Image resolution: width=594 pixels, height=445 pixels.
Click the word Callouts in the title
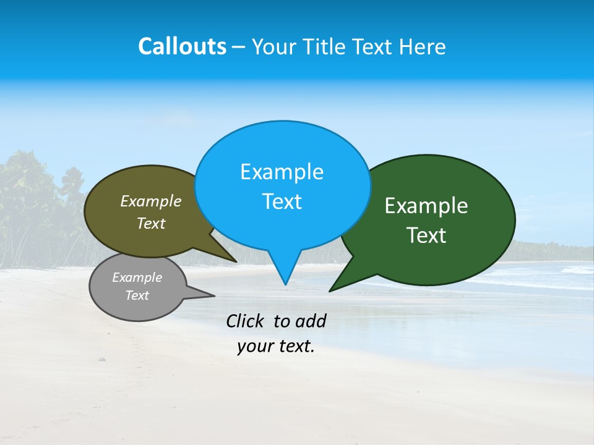(182, 46)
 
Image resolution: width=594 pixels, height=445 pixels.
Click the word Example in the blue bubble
(282, 172)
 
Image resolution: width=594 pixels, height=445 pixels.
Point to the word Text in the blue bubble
(282, 201)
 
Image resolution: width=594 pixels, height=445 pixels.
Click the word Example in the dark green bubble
(426, 206)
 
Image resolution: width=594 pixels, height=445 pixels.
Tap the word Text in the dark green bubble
(426, 235)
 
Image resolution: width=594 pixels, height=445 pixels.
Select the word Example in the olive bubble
(151, 201)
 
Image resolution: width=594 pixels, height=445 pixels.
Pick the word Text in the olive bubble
(151, 224)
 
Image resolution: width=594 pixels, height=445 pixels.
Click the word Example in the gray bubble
(137, 278)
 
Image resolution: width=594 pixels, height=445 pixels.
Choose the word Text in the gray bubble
(137, 295)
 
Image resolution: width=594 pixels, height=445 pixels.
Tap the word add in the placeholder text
(311, 321)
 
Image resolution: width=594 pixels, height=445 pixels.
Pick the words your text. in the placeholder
(276, 347)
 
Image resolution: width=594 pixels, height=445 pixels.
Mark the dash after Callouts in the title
(239, 47)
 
